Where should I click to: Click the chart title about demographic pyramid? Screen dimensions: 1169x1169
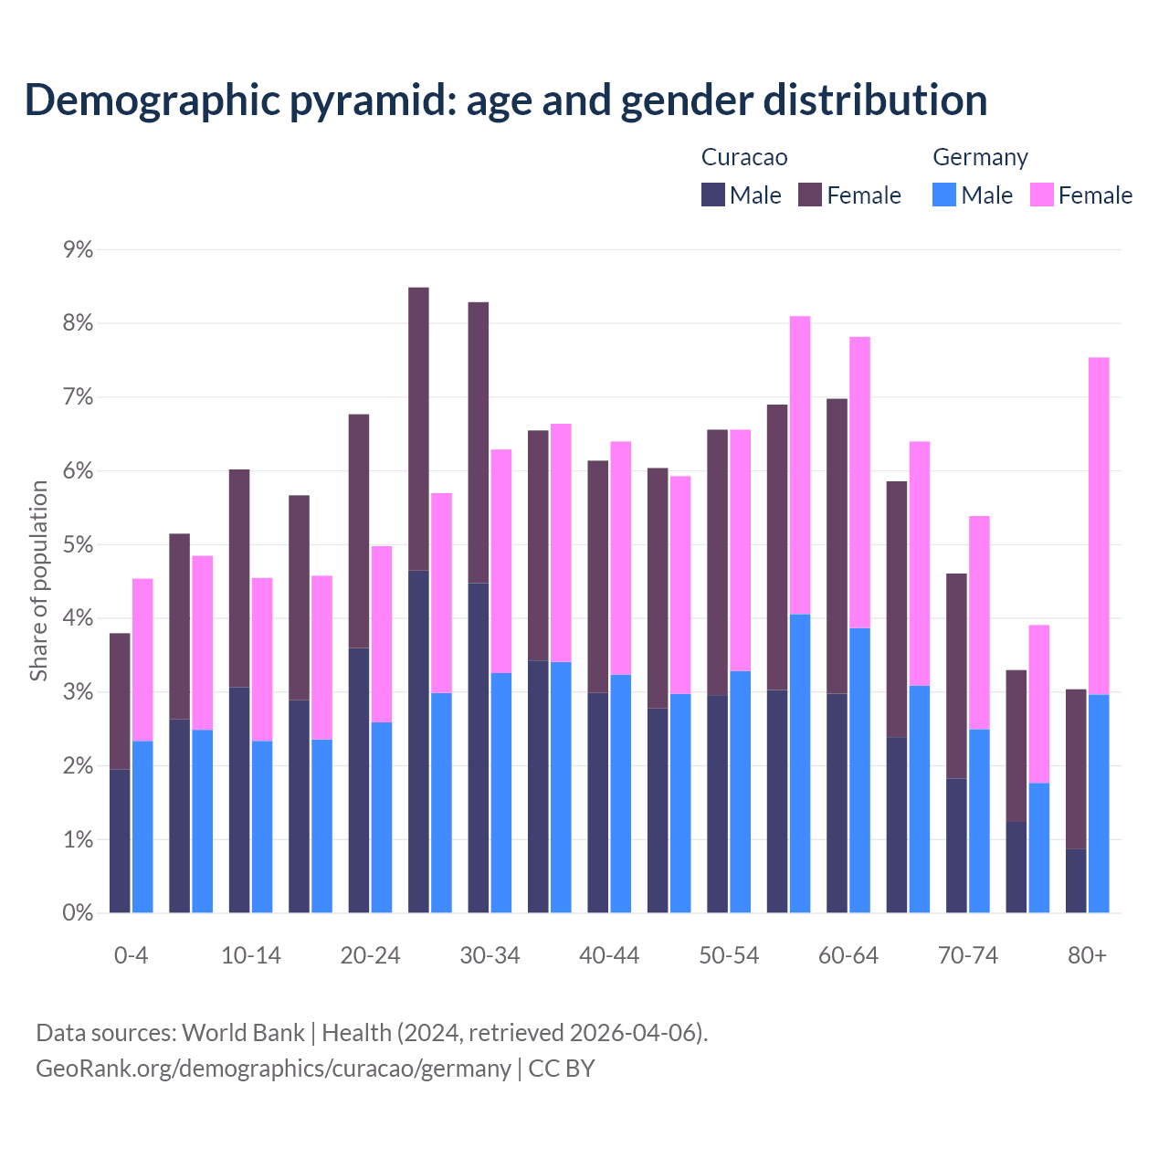point(505,100)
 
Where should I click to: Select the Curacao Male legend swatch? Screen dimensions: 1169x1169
point(713,195)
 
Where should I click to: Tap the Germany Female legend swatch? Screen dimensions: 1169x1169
point(1041,195)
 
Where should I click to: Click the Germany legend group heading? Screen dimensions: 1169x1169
point(980,157)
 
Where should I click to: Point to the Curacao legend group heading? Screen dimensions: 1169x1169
point(743,157)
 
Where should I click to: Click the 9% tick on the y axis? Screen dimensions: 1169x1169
point(78,249)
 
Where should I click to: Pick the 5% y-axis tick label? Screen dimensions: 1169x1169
point(78,545)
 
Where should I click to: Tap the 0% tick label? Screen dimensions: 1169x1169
point(78,913)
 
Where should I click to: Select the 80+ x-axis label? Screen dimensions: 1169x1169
point(1087,955)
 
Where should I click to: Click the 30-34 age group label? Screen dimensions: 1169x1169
point(490,955)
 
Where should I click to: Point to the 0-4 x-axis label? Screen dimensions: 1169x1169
point(131,955)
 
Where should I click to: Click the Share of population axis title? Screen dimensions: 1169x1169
point(38,581)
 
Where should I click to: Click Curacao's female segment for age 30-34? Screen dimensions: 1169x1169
point(478,442)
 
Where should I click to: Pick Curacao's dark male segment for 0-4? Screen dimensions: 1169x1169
point(120,840)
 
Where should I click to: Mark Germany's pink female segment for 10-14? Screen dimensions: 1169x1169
point(262,659)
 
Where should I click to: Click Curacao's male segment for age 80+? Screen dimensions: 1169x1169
point(1076,880)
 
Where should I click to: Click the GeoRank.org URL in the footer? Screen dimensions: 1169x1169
point(273,1068)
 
